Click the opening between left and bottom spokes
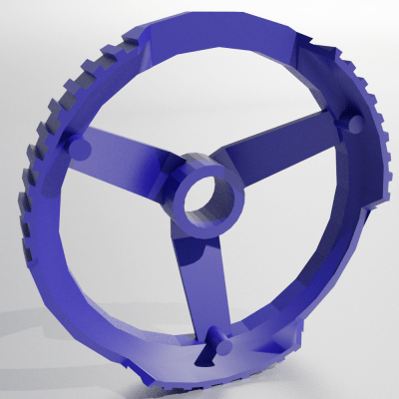click(x=120, y=249)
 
